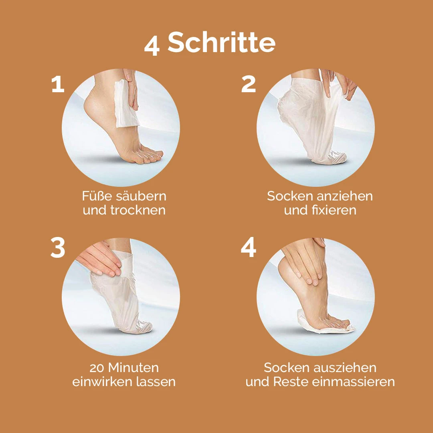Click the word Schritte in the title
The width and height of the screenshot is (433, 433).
coord(221,42)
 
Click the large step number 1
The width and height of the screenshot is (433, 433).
coord(58,84)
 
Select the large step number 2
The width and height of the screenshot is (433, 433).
coord(248,84)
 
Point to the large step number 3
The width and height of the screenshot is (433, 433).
coord(58,248)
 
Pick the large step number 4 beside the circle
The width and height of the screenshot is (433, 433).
coord(248,248)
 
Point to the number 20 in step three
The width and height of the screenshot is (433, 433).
coord(97,368)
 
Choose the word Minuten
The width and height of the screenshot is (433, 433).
coord(134,368)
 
